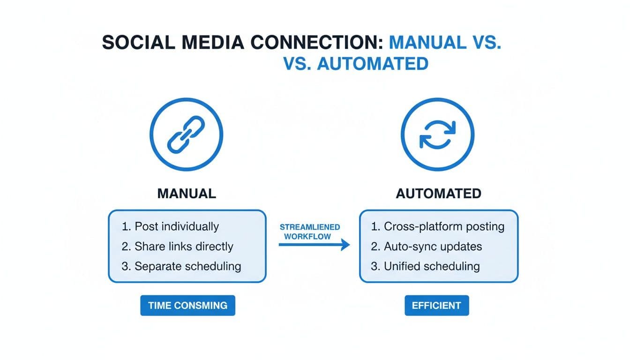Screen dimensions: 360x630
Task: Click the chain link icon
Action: tap(186, 135)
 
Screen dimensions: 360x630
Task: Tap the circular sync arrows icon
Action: tap(437, 135)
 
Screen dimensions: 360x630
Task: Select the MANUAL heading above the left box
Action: tap(187, 194)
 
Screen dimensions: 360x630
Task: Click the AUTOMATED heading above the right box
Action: tap(438, 194)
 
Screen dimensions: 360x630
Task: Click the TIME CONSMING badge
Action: tap(187, 306)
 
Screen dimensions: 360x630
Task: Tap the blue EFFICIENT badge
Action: tap(436, 306)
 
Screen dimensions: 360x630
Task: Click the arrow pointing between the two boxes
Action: tap(314, 245)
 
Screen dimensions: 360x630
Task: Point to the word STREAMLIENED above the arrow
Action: tap(310, 227)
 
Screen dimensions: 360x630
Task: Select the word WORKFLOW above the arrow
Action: tap(307, 236)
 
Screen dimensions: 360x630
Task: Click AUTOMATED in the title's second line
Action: tap(373, 63)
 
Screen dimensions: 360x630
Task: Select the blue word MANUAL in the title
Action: tap(425, 42)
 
